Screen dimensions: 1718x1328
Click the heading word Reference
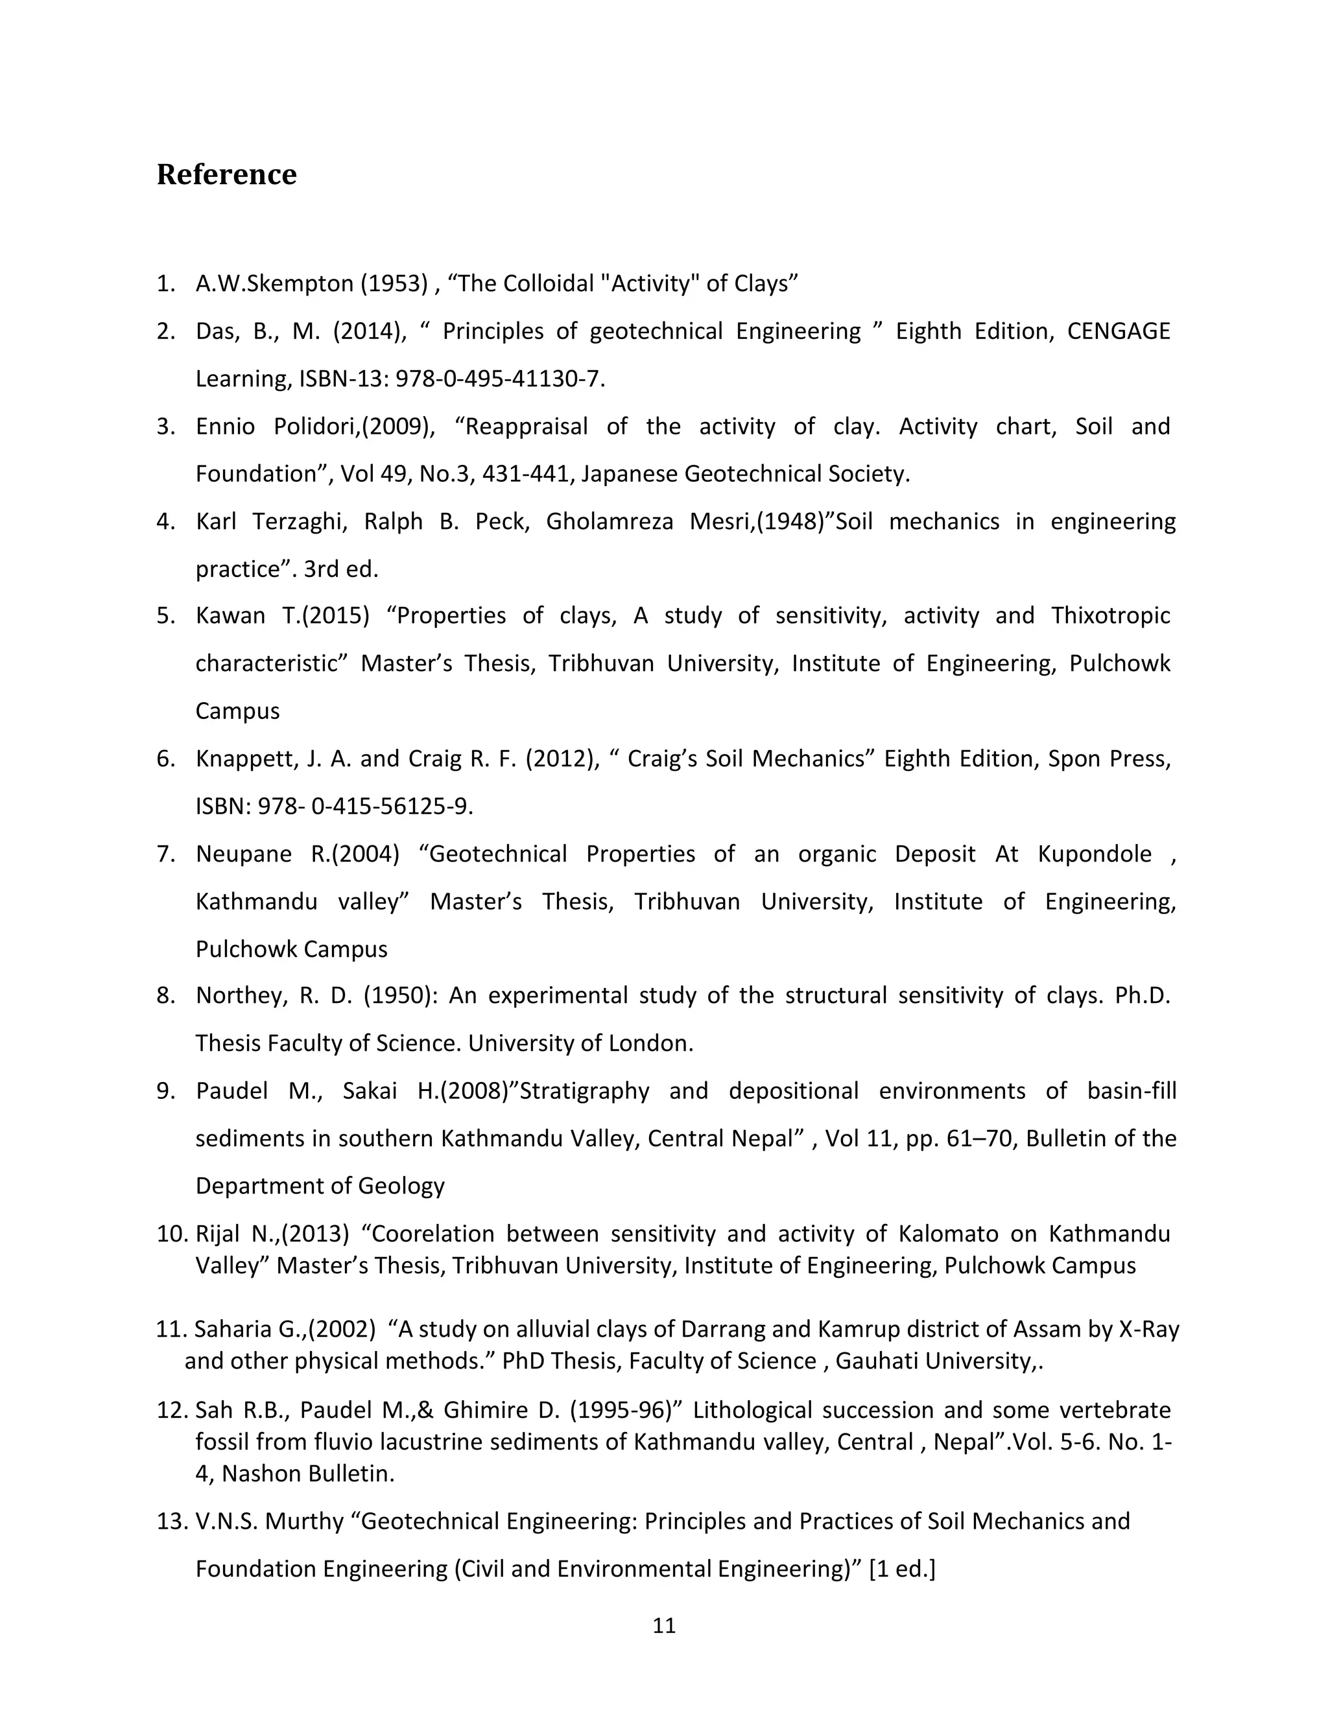click(x=226, y=174)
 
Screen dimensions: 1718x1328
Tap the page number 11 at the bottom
click(x=664, y=1625)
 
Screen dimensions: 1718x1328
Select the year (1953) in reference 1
click(x=395, y=284)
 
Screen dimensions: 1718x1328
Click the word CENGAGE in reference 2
click(x=1118, y=331)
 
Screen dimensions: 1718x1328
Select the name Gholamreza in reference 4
click(x=609, y=521)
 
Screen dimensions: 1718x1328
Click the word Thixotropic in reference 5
click(x=1110, y=615)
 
